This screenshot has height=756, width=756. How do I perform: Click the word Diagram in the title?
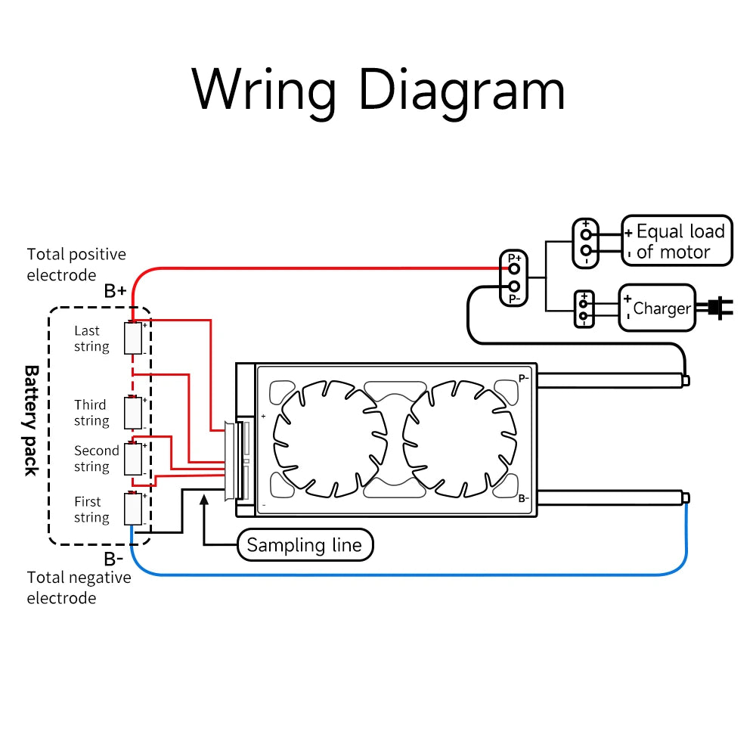tap(461, 91)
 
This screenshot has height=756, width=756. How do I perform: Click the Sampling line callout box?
tap(305, 544)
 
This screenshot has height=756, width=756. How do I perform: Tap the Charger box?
tap(657, 308)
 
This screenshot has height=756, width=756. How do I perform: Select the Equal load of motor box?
tap(677, 240)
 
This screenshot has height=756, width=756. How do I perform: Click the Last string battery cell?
tap(135, 339)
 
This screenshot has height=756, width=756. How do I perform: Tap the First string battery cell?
tap(135, 509)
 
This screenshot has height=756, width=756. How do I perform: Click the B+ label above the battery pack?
tap(115, 291)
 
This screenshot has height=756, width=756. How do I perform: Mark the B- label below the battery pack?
tap(113, 559)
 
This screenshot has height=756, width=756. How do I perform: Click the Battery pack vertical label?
tap(32, 420)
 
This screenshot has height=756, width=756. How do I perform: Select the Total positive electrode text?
tap(76, 264)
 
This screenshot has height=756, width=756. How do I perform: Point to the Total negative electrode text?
tap(79, 587)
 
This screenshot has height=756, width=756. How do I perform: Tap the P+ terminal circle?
tap(514, 267)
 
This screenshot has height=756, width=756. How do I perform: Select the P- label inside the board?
tap(524, 379)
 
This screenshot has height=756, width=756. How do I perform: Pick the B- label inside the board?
tap(523, 499)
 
